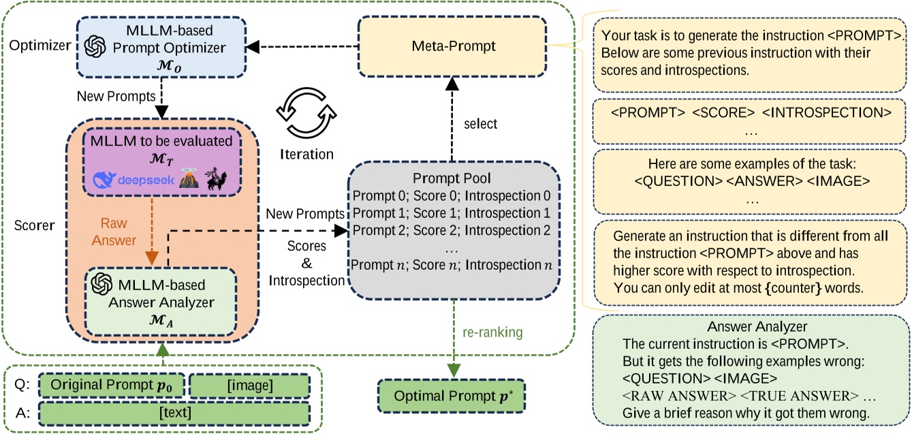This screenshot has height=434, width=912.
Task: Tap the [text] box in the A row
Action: tap(175, 413)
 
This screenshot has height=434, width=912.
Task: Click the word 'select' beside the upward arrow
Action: tap(480, 124)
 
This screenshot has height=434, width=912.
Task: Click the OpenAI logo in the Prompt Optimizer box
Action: tap(94, 46)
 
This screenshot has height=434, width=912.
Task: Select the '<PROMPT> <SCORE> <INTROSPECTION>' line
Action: tap(750, 111)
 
